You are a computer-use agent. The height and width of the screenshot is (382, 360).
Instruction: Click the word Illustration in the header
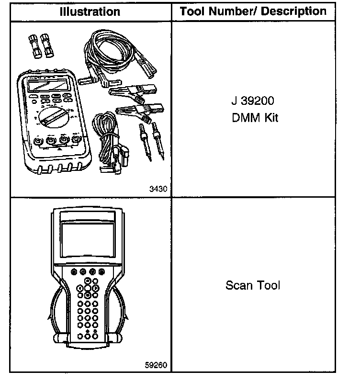point(90,11)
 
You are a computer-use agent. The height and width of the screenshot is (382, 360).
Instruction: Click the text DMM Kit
point(252,117)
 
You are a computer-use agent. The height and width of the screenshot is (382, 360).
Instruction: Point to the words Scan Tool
point(252,286)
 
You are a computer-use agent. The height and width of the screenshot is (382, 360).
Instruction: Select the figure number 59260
point(156,365)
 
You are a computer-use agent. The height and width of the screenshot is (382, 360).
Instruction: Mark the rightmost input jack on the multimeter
point(75,139)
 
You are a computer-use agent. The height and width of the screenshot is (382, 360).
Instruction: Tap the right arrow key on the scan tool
point(96,289)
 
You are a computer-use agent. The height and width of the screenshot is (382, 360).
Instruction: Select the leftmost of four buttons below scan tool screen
point(73,272)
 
